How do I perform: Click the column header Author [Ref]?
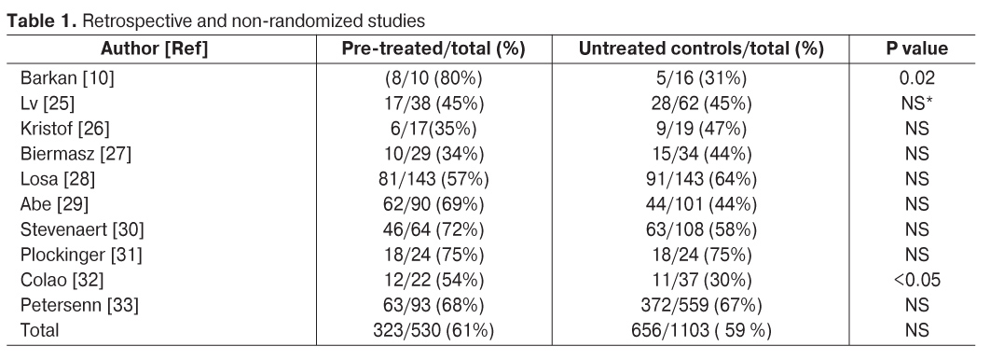pyautogui.click(x=155, y=49)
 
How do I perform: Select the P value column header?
pyautogui.click(x=917, y=49)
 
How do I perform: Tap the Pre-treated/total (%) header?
pyautogui.click(x=433, y=49)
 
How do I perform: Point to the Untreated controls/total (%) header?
pyautogui.click(x=701, y=49)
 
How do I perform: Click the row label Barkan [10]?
pyautogui.click(x=67, y=78)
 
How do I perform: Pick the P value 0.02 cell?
pyautogui.click(x=917, y=78)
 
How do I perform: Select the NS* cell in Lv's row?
pyautogui.click(x=917, y=104)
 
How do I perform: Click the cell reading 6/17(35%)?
pyautogui.click(x=433, y=129)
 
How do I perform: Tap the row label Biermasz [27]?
pyautogui.click(x=76, y=154)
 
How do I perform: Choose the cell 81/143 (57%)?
pyautogui.click(x=433, y=179)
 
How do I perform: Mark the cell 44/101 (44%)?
pyautogui.click(x=701, y=204)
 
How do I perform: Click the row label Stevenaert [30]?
pyautogui.click(x=82, y=229)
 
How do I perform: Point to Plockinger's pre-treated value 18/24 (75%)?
pyautogui.click(x=433, y=255)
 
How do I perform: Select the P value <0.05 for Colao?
pyautogui.click(x=917, y=280)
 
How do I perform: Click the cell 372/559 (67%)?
pyautogui.click(x=701, y=305)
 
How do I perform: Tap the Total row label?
pyautogui.click(x=40, y=330)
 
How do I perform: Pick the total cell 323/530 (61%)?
pyautogui.click(x=433, y=330)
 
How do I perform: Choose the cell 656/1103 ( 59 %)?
pyautogui.click(x=701, y=330)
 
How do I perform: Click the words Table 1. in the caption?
pyautogui.click(x=42, y=21)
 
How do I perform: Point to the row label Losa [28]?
pyautogui.click(x=58, y=179)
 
